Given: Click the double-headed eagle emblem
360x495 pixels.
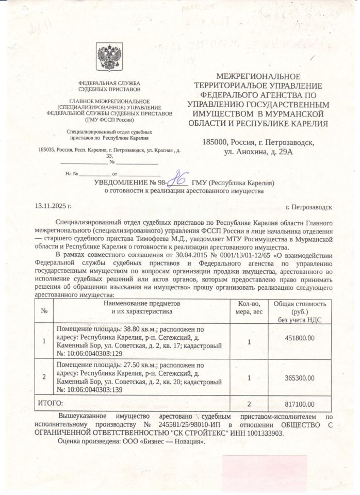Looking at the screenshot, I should point(110,57).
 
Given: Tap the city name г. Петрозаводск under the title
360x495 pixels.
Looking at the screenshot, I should point(308,207).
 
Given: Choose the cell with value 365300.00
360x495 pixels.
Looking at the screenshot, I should point(300,377).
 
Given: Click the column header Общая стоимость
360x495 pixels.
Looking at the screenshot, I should point(300,305).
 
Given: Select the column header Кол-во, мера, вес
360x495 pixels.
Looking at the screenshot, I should point(250,308).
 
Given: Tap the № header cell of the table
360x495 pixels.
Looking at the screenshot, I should point(44,311).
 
